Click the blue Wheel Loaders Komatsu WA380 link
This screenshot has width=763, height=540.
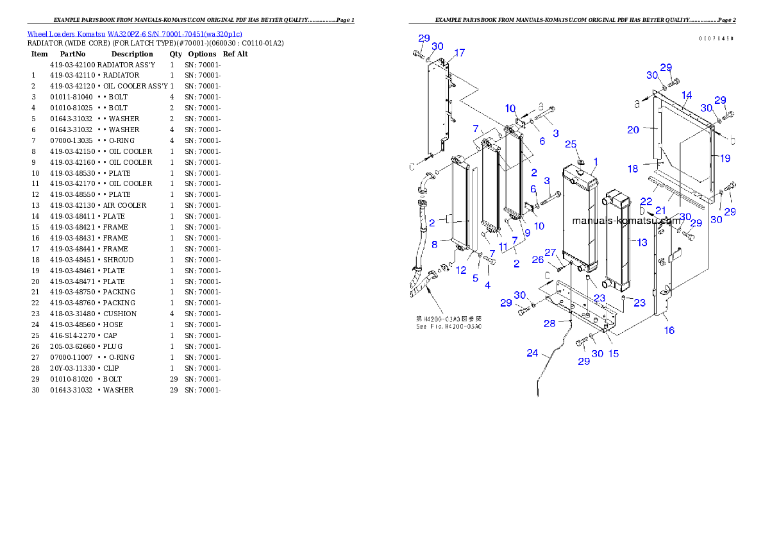135,34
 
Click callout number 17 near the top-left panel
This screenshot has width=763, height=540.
459,53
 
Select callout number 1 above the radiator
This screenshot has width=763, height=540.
596,161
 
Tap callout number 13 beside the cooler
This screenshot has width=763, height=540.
642,242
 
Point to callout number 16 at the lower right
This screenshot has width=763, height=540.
669,330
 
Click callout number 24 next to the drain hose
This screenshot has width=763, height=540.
533,353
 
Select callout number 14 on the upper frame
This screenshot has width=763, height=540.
687,96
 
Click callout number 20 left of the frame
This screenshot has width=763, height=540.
633,130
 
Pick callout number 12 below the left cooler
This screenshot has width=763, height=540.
461,270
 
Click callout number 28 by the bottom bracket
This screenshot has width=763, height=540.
549,323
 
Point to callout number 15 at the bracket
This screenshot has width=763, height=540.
614,353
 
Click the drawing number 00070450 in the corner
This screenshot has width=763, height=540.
716,38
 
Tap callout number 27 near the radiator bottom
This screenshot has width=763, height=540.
551,252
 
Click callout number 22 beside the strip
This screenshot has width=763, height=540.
646,201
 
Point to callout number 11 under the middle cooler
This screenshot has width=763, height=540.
503,246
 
